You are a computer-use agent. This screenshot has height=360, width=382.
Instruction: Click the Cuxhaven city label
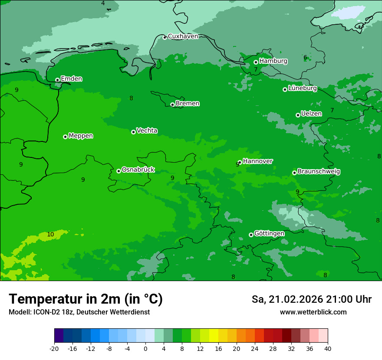183,36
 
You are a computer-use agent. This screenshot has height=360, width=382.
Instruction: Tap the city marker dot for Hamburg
256,62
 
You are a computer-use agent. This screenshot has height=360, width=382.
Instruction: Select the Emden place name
71,79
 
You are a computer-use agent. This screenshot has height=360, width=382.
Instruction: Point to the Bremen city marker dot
172,105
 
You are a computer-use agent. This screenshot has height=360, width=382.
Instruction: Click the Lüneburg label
303,88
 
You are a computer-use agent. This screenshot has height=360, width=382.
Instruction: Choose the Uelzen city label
311,114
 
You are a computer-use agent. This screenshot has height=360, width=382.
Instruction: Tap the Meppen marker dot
65,137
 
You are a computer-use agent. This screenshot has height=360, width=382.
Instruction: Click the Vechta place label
147,131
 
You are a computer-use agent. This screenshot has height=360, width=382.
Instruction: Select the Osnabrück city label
138,170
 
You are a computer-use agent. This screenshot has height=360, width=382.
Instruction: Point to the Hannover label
258,161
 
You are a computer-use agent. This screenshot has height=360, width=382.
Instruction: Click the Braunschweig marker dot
294,173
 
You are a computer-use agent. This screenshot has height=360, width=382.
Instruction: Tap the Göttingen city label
269,233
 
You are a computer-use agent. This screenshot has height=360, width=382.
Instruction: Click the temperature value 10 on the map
51,235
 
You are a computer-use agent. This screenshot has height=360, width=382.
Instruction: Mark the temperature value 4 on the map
103,3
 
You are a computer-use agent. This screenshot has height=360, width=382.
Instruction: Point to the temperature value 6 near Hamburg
305,58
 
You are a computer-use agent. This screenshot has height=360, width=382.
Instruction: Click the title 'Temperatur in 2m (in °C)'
86,299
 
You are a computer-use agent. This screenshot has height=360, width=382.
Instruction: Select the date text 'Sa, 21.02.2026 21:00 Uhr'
311,299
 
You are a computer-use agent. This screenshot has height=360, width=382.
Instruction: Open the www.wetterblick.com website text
313,312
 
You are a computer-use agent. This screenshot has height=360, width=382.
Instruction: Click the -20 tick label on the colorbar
54,348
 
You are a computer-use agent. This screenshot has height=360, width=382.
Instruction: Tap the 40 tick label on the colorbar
328,348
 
